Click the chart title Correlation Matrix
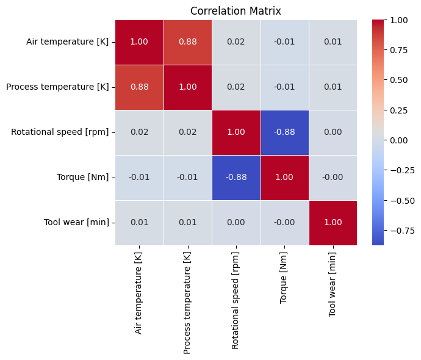236,11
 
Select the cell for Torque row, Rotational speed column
236,178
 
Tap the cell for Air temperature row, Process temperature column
188,41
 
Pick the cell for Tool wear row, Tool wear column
333,222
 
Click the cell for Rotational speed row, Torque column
284,132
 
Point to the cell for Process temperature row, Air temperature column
140,87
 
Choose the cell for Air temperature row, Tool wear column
333,41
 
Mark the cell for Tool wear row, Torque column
284,222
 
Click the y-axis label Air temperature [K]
67,42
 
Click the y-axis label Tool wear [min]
76,222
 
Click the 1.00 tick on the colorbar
398,20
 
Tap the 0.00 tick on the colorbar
398,140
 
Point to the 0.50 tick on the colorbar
398,80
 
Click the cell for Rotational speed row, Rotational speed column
236,132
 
